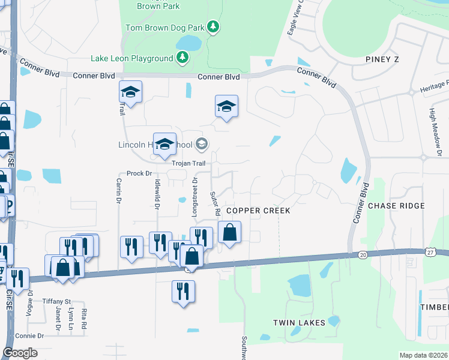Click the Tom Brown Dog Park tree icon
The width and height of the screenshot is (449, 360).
pos(212,27)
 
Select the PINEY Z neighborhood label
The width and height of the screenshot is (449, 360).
pos(382,59)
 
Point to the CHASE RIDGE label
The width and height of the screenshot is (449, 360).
pos(396,206)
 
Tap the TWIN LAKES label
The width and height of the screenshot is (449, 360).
pos(299,323)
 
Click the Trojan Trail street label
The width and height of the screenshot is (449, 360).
pos(188,163)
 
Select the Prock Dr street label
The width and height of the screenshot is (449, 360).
pos(139,173)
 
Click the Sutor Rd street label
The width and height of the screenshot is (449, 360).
pos(213,204)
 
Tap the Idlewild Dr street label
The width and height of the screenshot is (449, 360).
pos(157,196)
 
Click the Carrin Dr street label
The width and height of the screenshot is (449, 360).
pos(119,191)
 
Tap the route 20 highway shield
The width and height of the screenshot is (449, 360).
pos(363,255)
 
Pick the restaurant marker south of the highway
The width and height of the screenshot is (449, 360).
pos(184,291)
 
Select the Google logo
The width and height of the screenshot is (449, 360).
pos(20,353)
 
